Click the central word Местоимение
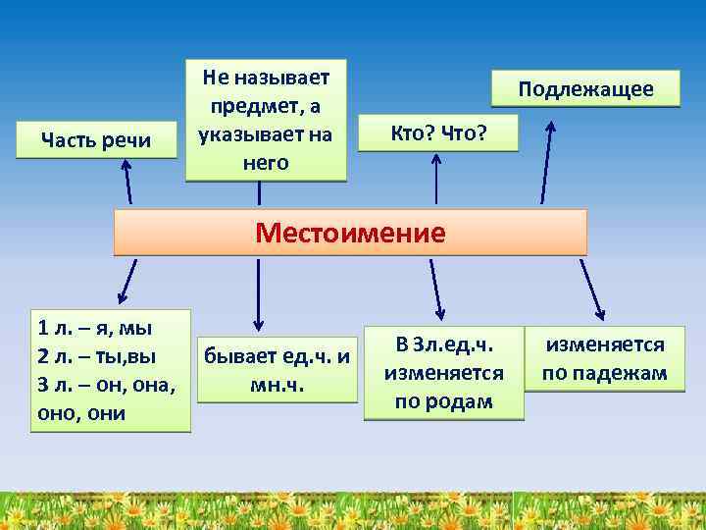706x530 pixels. point(350,233)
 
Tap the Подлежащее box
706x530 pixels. point(585,89)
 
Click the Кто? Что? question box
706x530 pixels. point(438,131)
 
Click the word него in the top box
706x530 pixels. point(266,162)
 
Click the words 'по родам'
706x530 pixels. point(443,401)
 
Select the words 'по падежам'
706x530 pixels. point(606,374)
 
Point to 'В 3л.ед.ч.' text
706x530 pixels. point(443,344)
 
